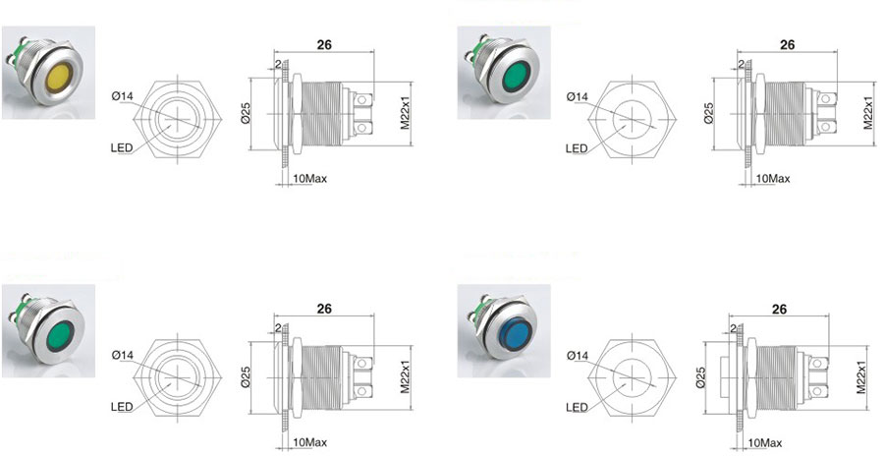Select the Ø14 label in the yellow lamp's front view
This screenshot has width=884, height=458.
point(122,96)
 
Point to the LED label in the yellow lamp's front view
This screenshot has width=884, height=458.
point(122,148)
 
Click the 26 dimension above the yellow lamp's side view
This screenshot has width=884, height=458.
point(324,45)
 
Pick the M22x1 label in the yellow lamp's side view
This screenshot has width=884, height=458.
point(405,114)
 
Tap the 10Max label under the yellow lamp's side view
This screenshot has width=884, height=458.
point(309,179)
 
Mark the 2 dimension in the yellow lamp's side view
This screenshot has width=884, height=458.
point(278,63)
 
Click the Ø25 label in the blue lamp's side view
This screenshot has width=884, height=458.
point(700,376)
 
